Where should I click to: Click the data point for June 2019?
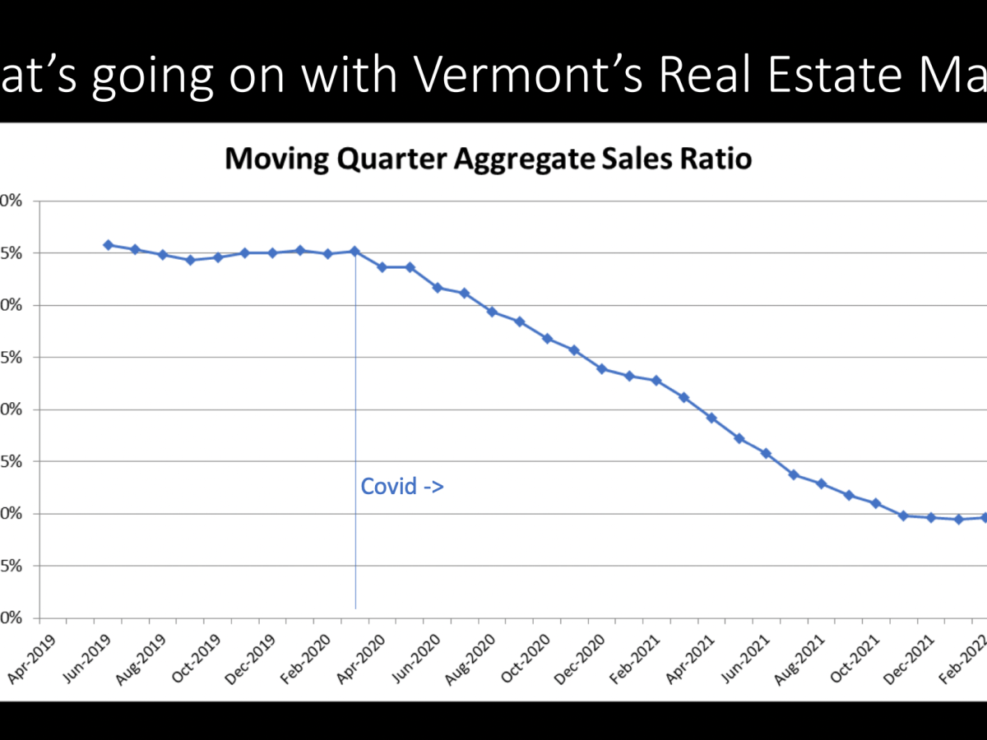[108, 245]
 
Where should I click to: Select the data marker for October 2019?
[218, 257]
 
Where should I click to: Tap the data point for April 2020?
[382, 267]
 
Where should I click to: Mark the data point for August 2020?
[492, 312]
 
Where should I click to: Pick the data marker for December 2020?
[601, 368]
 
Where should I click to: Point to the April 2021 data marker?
[711, 418]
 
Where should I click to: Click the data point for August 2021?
[821, 483]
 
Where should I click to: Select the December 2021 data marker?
[931, 517]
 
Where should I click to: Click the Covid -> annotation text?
[402, 487]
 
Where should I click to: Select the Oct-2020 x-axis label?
[526, 659]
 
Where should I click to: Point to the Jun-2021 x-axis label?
[746, 659]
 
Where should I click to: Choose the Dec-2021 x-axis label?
[911, 659]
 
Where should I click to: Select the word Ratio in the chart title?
[716, 159]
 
